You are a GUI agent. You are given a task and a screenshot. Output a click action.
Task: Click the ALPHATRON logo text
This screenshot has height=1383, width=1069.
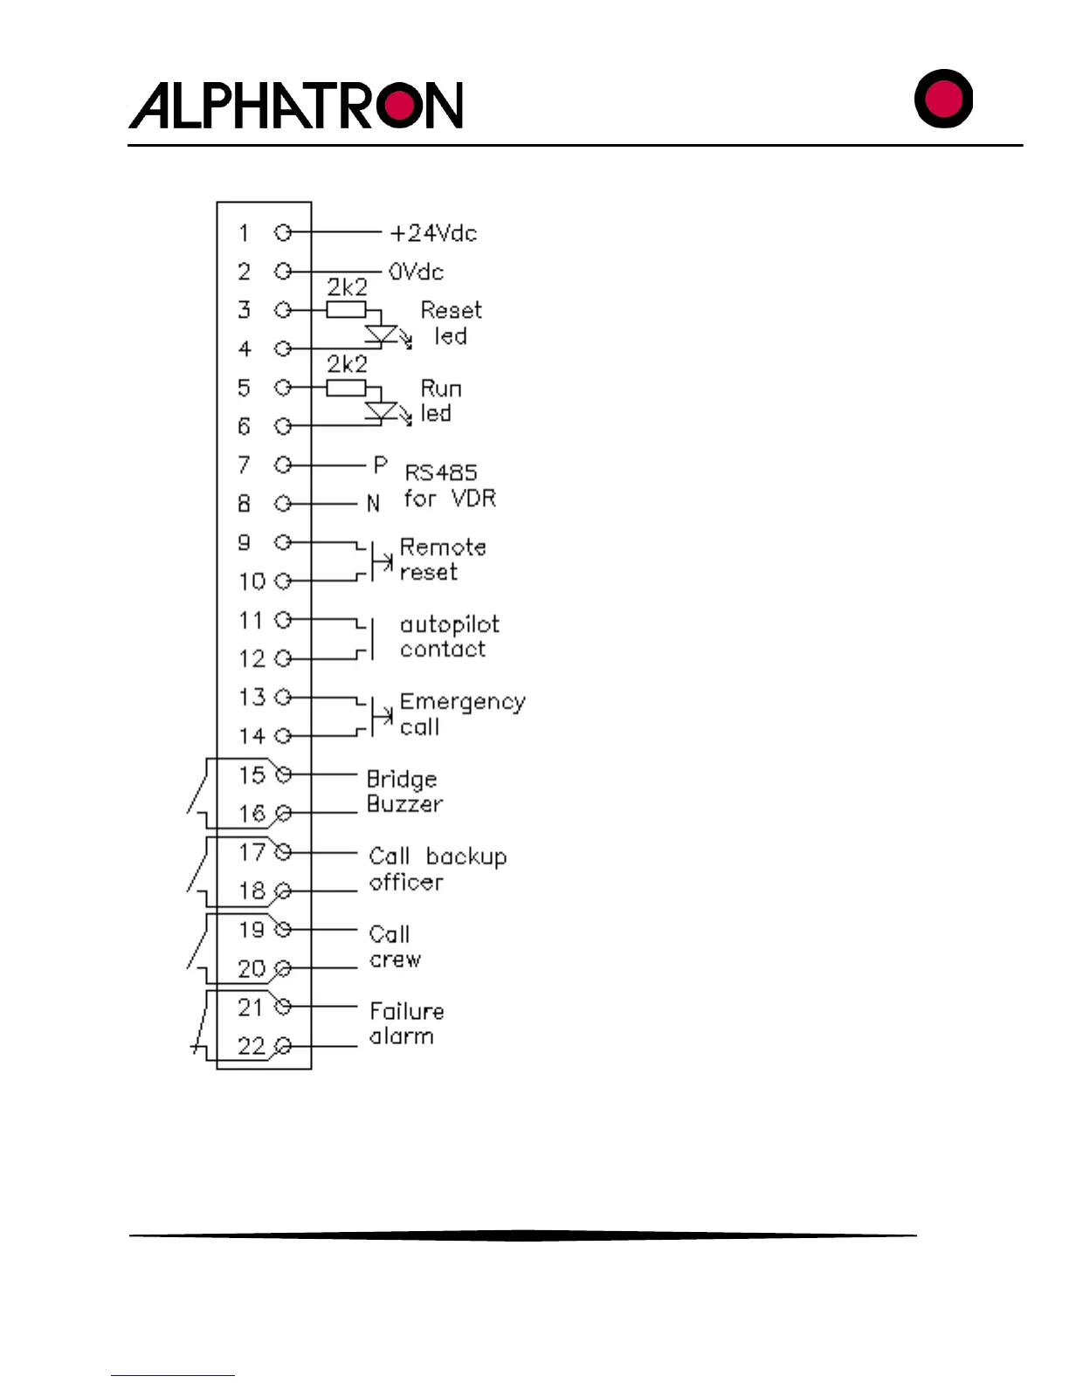click(295, 106)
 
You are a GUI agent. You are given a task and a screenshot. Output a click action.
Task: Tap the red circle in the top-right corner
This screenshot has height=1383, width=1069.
click(943, 98)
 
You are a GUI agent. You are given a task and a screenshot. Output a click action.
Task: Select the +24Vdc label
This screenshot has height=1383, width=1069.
click(433, 233)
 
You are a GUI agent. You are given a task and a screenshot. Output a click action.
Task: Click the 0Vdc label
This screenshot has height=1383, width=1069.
click(416, 272)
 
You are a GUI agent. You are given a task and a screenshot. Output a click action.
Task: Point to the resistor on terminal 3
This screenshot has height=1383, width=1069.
click(346, 310)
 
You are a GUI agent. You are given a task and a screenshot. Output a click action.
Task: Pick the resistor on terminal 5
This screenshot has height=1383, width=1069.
click(346, 388)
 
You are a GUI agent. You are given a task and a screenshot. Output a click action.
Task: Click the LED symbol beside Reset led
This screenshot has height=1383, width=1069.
click(382, 335)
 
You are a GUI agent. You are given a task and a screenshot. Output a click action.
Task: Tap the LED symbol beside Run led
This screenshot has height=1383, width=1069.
click(382, 412)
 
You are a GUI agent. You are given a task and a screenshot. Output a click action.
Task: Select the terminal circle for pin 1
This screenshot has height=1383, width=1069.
click(282, 233)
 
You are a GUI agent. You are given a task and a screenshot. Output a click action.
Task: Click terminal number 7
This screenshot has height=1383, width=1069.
click(245, 464)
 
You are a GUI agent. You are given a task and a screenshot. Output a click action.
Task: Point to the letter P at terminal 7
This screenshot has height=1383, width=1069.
click(380, 465)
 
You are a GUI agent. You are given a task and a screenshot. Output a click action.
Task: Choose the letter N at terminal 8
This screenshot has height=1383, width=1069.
click(374, 504)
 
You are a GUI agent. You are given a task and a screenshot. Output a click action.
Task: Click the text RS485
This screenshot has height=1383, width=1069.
click(441, 472)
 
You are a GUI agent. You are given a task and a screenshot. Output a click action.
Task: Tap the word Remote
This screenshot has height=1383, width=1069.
click(443, 547)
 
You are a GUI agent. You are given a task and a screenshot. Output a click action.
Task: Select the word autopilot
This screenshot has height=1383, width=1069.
click(450, 624)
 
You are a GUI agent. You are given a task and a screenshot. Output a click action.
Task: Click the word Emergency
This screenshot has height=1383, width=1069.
click(463, 703)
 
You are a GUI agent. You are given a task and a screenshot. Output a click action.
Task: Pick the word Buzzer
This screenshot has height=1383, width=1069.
click(404, 803)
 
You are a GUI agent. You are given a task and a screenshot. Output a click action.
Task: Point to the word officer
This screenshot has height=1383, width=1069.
click(406, 882)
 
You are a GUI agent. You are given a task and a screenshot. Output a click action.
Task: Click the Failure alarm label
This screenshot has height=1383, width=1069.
click(406, 1023)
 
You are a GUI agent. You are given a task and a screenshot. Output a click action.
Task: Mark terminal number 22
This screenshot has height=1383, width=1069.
click(252, 1046)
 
